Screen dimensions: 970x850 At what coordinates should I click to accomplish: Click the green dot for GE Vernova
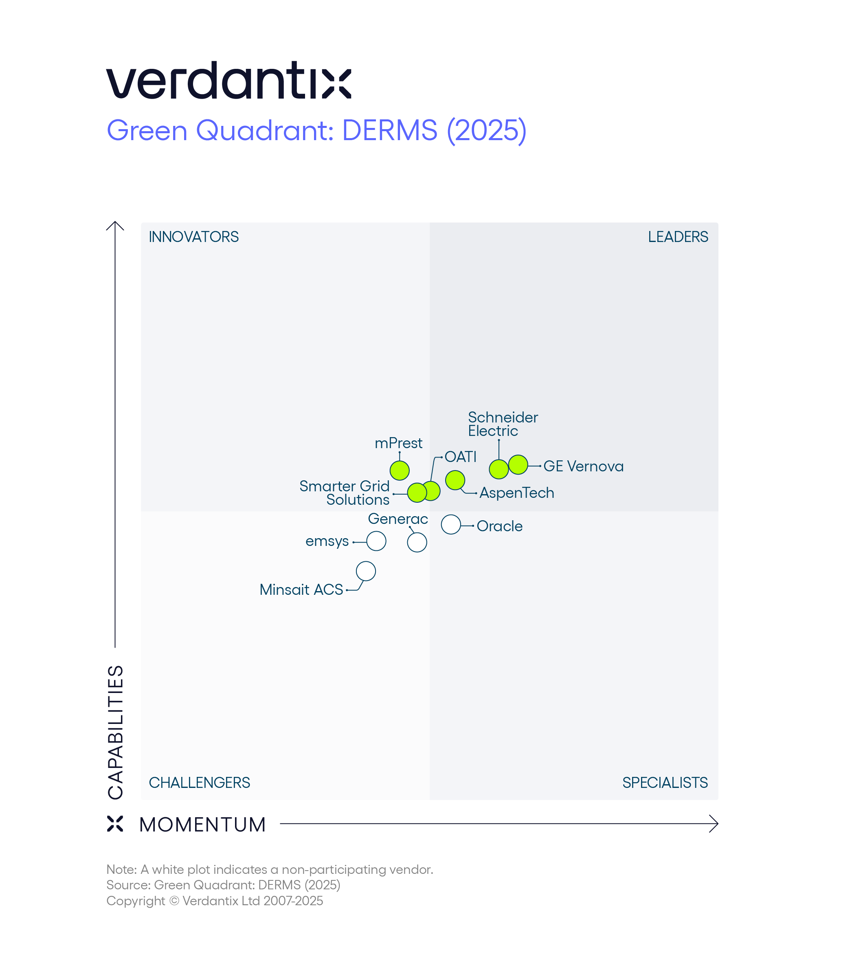tap(518, 464)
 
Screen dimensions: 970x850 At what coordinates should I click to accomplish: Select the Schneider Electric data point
tap(499, 469)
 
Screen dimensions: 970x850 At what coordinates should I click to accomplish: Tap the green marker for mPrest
tap(400, 471)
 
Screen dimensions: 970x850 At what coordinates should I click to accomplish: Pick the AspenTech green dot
tap(455, 480)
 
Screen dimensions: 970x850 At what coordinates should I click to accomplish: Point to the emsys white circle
tap(376, 541)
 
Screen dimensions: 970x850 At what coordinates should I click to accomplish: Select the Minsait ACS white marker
tap(366, 571)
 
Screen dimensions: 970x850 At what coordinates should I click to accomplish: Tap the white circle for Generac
tap(417, 542)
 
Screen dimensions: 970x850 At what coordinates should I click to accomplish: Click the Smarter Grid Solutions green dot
tap(417, 493)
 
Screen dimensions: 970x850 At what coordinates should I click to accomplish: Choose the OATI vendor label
tap(460, 457)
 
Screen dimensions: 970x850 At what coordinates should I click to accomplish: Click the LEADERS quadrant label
tap(678, 237)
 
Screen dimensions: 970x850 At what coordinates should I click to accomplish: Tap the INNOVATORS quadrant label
tap(193, 237)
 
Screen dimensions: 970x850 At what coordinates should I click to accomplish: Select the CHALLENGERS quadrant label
tap(199, 783)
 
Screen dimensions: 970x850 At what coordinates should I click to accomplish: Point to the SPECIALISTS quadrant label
tap(665, 783)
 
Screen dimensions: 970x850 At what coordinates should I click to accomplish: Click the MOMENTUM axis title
tap(202, 825)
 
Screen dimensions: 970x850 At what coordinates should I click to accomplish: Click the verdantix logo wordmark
tap(228, 81)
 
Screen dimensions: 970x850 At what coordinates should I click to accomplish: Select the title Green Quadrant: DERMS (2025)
tap(316, 130)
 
